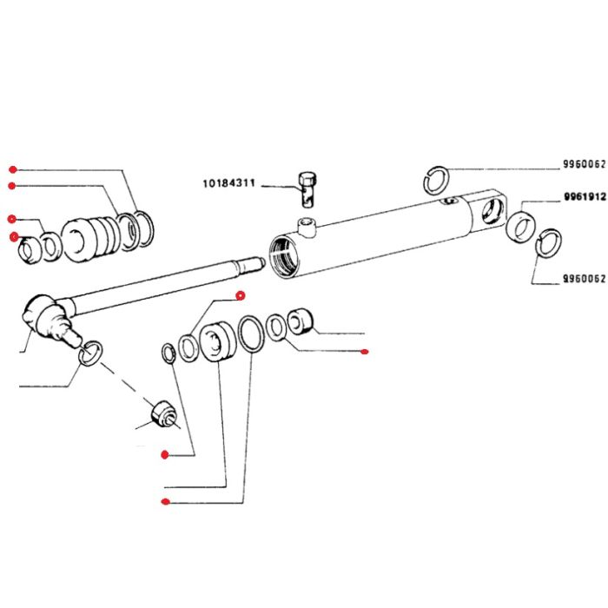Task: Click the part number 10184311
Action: tap(228, 182)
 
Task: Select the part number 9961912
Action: tap(585, 196)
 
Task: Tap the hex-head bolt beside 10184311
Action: tap(307, 189)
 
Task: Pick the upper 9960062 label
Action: tap(585, 164)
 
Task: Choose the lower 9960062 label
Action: tap(585, 279)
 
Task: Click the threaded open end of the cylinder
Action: tap(285, 257)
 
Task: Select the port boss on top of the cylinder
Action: tap(307, 228)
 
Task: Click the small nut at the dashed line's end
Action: tap(163, 415)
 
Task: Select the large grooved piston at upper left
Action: tap(90, 239)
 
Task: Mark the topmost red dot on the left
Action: tap(13, 169)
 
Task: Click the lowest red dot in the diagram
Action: tap(166, 502)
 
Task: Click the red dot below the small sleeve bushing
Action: tap(364, 352)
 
